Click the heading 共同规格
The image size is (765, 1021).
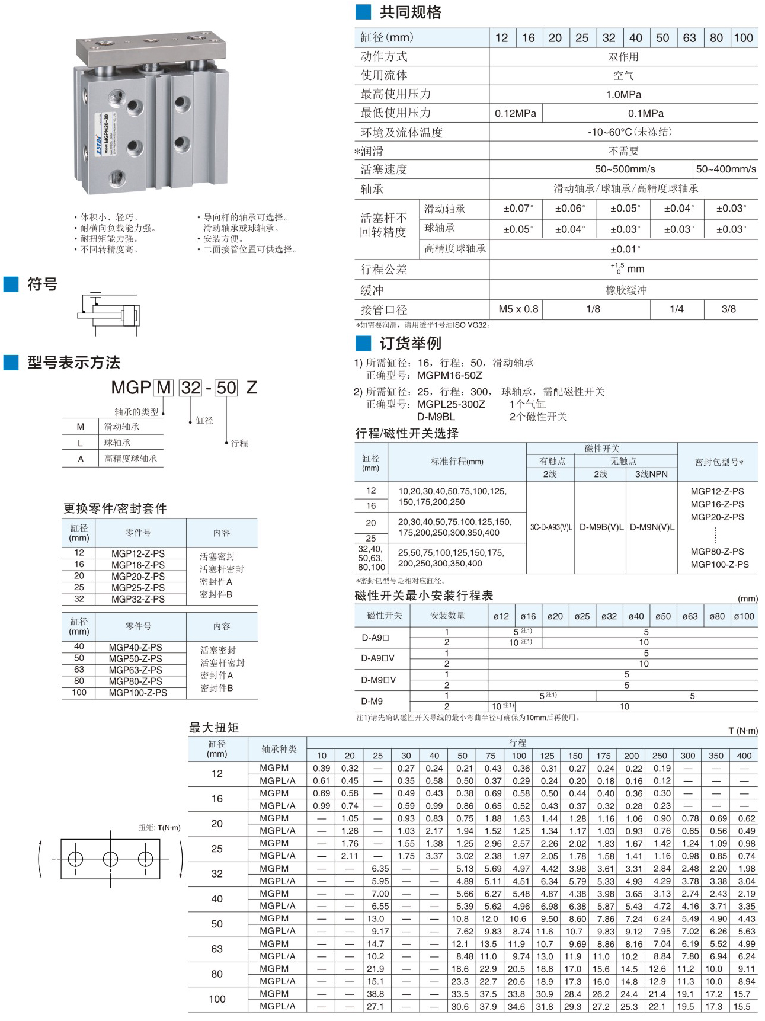(410, 12)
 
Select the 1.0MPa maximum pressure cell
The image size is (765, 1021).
(623, 95)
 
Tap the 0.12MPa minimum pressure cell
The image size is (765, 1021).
(516, 113)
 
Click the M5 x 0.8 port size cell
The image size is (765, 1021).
(518, 309)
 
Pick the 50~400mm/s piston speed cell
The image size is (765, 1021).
(725, 169)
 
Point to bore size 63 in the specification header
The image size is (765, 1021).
(689, 38)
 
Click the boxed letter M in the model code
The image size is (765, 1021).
(164, 388)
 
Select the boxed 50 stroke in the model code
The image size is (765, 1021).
(226, 388)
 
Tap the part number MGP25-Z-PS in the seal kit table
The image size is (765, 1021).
(138, 588)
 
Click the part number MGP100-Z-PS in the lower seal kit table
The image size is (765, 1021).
(138, 693)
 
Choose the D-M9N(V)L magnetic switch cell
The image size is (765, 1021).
(652, 527)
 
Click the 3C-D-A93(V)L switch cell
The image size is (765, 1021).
(550, 527)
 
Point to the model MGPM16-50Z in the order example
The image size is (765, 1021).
(449, 375)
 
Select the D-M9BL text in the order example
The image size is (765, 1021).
(436, 417)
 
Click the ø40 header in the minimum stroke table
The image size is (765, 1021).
(636, 616)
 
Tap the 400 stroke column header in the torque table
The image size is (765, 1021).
(744, 756)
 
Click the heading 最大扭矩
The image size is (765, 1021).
(213, 728)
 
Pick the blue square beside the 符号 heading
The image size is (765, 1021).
(11, 284)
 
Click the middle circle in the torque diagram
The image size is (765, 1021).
(110, 859)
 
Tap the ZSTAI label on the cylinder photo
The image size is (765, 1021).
(99, 142)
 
